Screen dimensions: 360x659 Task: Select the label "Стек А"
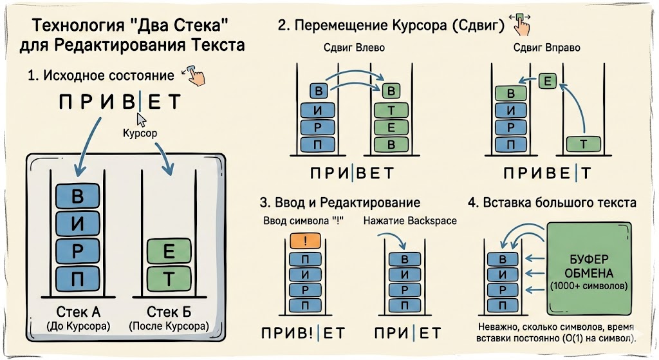77,312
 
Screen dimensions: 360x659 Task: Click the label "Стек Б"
169,312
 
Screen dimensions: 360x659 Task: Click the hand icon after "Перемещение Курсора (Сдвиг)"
523,24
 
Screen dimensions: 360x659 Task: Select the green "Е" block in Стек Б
169,252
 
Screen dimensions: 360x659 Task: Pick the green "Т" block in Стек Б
169,279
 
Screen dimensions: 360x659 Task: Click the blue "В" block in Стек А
78,195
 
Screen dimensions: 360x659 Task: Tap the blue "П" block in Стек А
78,279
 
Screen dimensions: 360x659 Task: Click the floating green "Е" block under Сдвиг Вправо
548,81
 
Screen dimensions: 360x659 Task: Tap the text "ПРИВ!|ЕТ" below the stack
304,333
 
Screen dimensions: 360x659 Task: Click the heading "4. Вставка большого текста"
552,202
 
